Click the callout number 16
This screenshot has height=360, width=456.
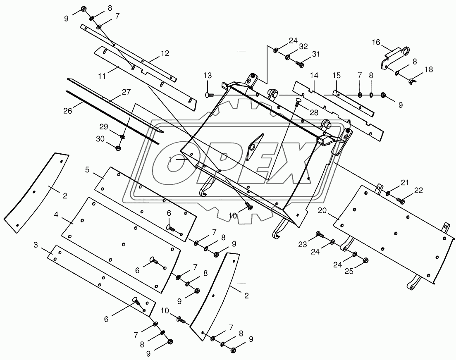376,42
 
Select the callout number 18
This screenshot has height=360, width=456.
429,69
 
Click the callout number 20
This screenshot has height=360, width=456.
322,210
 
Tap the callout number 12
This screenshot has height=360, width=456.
165,53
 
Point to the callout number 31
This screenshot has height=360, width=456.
316,54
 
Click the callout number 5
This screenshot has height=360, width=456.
87,169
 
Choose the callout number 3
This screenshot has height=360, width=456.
36,246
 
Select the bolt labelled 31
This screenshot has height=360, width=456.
300,64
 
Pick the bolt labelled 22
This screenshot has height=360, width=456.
401,200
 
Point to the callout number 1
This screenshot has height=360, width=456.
170,159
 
